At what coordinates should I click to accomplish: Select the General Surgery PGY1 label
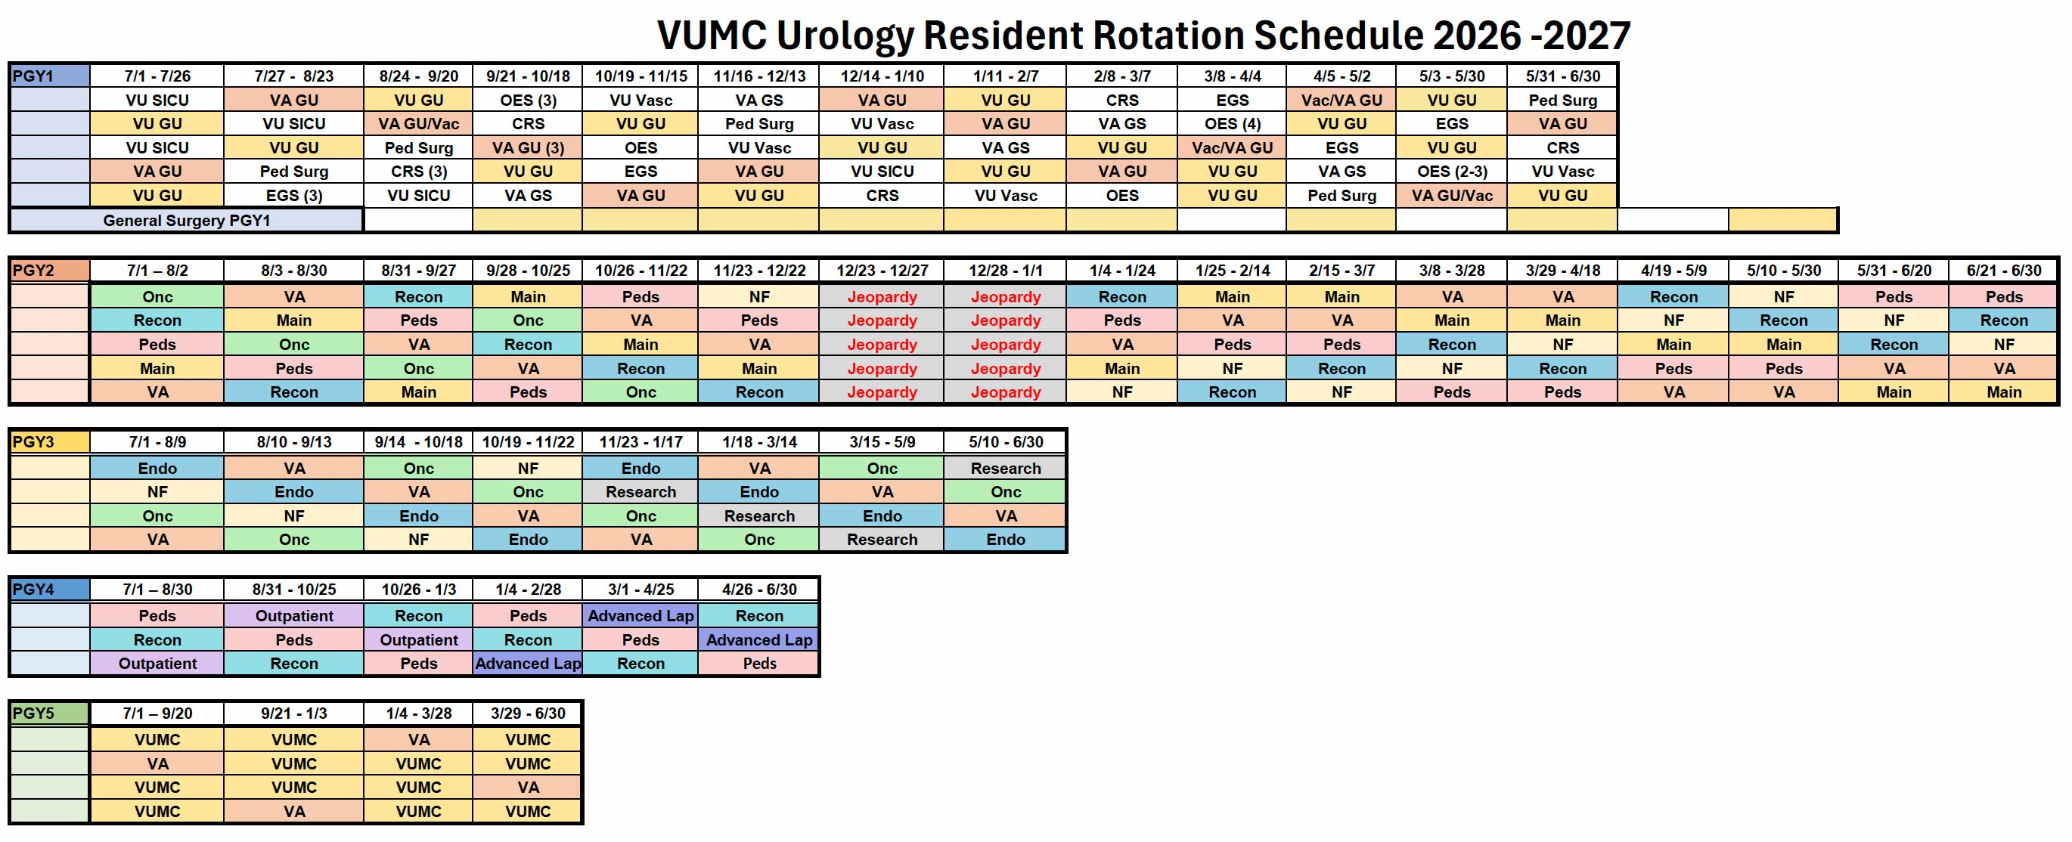coord(187,221)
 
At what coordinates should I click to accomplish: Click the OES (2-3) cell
coord(1452,172)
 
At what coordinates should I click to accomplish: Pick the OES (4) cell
coord(1233,124)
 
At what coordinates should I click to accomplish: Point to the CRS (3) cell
coord(419,172)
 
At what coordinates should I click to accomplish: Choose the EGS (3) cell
coord(294,196)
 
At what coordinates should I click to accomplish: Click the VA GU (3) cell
coord(529,148)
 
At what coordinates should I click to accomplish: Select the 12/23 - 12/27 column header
coord(882,271)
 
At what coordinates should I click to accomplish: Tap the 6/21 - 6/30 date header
coord(2004,271)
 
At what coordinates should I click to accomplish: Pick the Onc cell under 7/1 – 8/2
coord(157,297)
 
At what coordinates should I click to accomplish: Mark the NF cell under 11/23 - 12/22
coord(759,297)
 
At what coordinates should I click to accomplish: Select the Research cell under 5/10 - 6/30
coord(1006,468)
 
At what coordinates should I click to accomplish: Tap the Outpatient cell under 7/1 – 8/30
coord(157,664)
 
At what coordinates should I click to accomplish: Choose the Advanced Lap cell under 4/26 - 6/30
coord(759,640)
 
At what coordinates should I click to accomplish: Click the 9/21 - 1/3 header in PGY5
coord(294,714)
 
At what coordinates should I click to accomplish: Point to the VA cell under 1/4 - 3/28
coord(419,740)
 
